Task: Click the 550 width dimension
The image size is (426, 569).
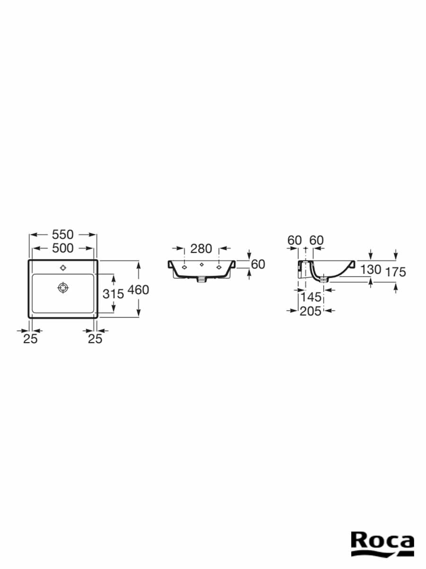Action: [x=62, y=235]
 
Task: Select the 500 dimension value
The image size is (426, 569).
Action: [x=62, y=248]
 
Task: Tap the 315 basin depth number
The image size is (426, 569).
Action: [x=113, y=294]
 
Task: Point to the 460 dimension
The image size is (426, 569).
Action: [x=138, y=290]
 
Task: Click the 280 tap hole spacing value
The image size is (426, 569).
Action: [x=201, y=249]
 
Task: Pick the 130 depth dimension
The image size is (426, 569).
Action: [x=371, y=270]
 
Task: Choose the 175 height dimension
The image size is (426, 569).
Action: [x=396, y=272]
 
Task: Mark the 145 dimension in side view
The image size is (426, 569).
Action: [x=311, y=297]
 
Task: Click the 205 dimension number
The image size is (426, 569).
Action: [x=311, y=312]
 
